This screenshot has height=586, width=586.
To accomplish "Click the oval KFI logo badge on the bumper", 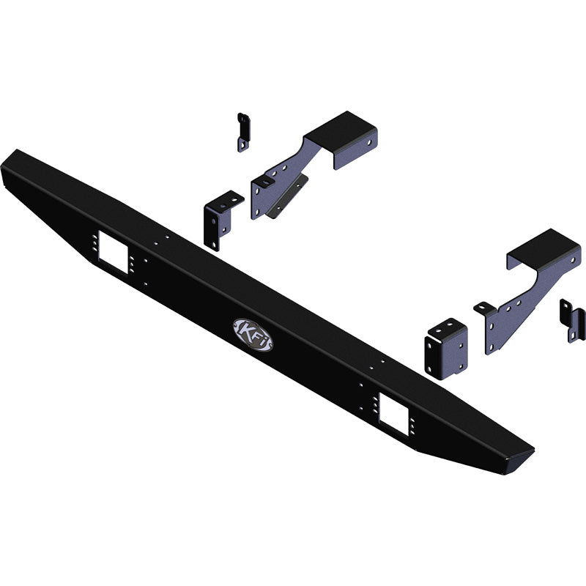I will (x=253, y=334).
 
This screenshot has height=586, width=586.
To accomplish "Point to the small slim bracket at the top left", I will (x=243, y=133).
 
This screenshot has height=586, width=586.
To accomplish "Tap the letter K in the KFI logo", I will (x=244, y=329).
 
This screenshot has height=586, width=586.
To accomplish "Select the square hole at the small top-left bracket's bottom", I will (x=242, y=146).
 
